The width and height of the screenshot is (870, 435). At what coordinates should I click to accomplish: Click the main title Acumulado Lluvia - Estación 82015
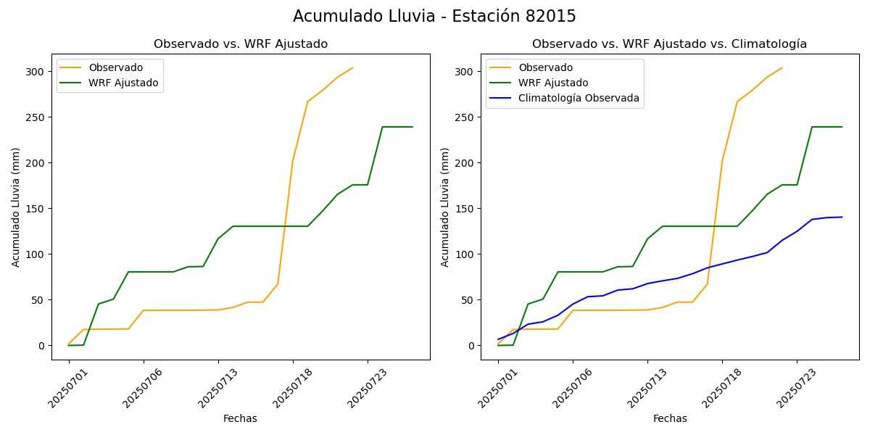click(434, 17)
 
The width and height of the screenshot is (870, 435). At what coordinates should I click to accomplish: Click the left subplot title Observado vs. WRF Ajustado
click(241, 44)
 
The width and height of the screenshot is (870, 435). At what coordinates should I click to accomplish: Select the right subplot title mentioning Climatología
click(669, 44)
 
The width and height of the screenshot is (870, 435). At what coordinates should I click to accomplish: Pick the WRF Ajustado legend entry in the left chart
click(123, 83)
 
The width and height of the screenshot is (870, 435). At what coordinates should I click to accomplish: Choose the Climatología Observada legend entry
click(579, 99)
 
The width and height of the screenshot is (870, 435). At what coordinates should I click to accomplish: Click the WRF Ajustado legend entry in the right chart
click(553, 83)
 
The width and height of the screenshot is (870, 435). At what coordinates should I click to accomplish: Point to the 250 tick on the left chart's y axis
click(35, 117)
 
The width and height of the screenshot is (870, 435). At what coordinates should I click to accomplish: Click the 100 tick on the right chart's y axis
click(464, 254)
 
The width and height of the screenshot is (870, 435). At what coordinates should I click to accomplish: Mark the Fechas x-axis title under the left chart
click(240, 419)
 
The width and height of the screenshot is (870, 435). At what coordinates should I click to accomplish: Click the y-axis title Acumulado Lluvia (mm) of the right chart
click(445, 207)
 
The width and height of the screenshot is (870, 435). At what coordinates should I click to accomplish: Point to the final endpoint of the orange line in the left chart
click(353, 68)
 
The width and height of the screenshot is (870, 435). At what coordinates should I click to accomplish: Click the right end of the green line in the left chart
click(413, 127)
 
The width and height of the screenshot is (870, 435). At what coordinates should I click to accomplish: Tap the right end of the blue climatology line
click(842, 217)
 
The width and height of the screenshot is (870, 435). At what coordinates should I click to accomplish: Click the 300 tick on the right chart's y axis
click(464, 72)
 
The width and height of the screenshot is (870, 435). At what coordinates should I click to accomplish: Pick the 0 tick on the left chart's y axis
click(41, 346)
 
